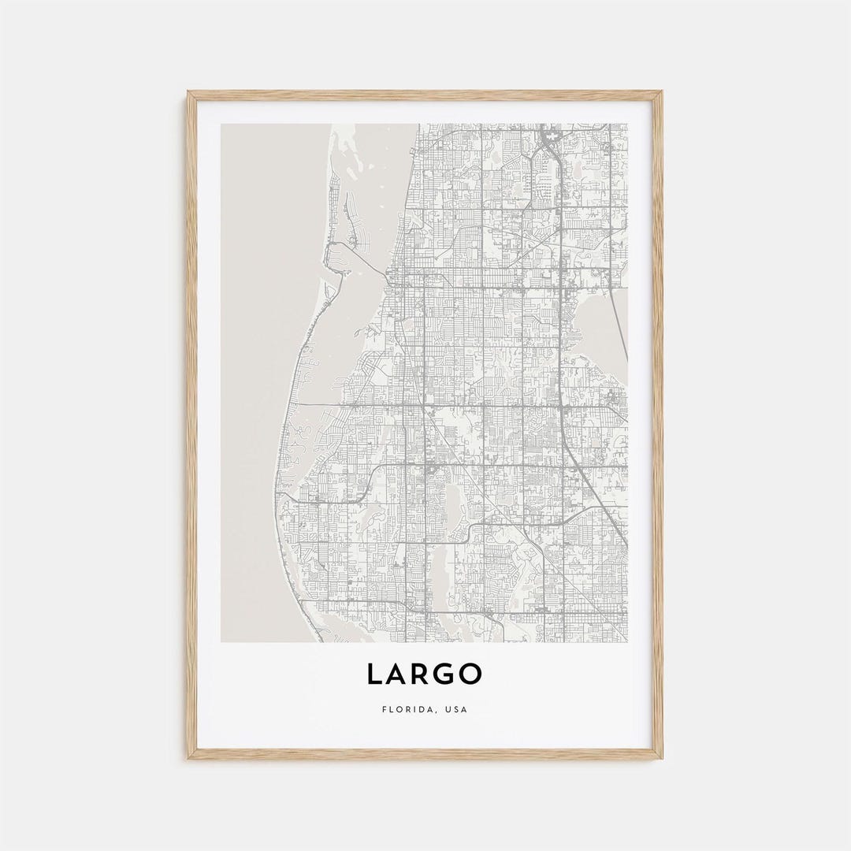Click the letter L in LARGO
375,674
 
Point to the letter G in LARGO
447,674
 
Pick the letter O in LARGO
472,674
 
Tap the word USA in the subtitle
456,709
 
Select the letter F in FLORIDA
384,709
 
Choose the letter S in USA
456,709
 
